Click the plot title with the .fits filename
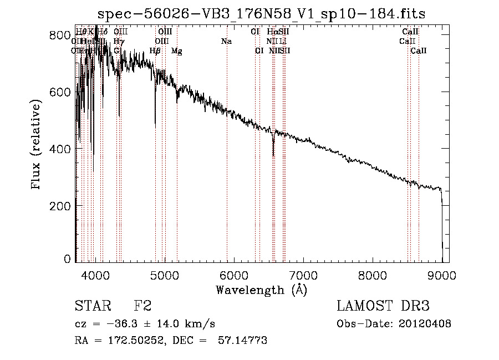(262, 14)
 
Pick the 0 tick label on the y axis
(67, 260)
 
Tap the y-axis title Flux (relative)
(37, 145)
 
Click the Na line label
(226, 42)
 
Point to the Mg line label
(177, 51)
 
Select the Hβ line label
(155, 51)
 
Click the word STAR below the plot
(92, 306)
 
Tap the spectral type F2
(142, 306)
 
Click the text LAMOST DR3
(383, 306)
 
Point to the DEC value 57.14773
(245, 341)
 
